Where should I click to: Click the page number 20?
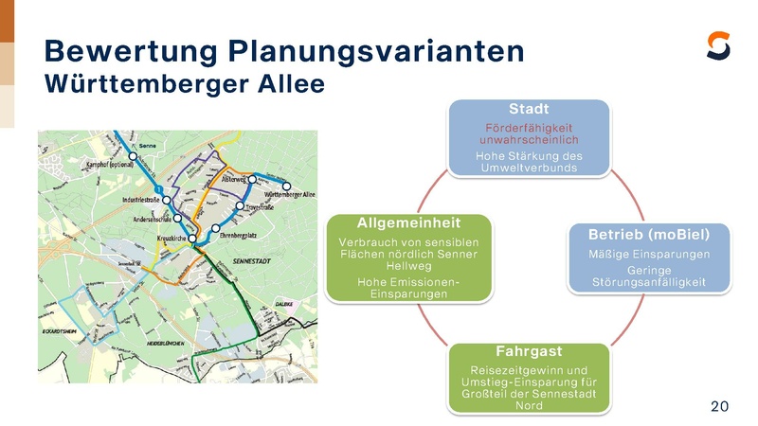(x=719, y=406)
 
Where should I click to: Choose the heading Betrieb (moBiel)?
(x=649, y=233)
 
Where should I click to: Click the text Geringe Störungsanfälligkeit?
(x=649, y=276)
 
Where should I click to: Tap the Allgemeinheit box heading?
(x=408, y=222)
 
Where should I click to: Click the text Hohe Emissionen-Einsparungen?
(x=408, y=288)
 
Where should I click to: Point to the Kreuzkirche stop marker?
(x=192, y=239)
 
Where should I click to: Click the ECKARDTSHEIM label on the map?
(x=59, y=332)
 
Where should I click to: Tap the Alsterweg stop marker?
(x=252, y=178)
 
